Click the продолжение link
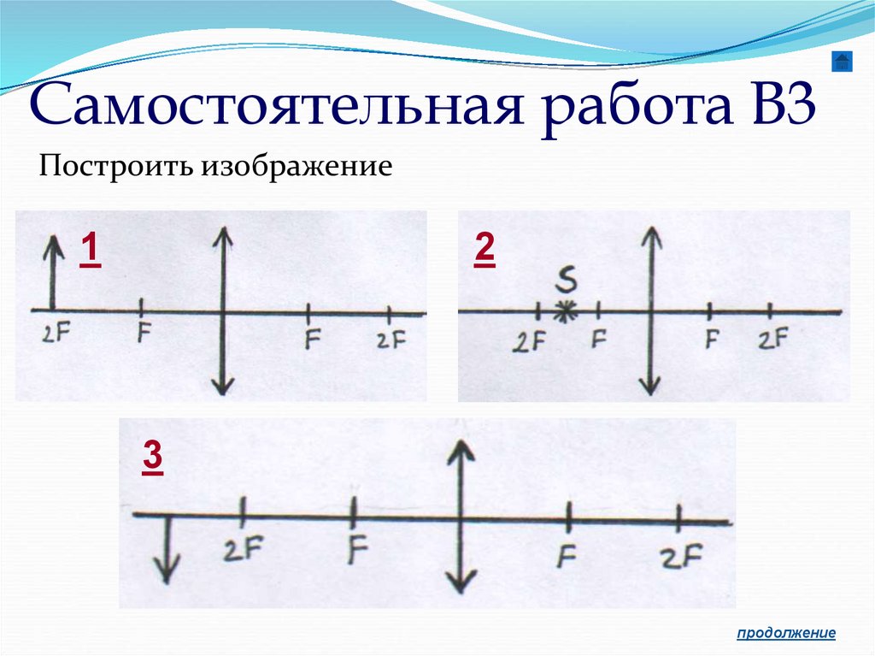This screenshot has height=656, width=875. [x=786, y=633]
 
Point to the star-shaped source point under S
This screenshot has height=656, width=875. [x=563, y=311]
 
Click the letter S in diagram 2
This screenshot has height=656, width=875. [x=566, y=280]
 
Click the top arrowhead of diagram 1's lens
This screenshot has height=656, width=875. [x=223, y=237]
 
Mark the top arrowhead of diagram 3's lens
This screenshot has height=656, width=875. [x=461, y=450]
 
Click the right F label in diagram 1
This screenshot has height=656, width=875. [x=312, y=340]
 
